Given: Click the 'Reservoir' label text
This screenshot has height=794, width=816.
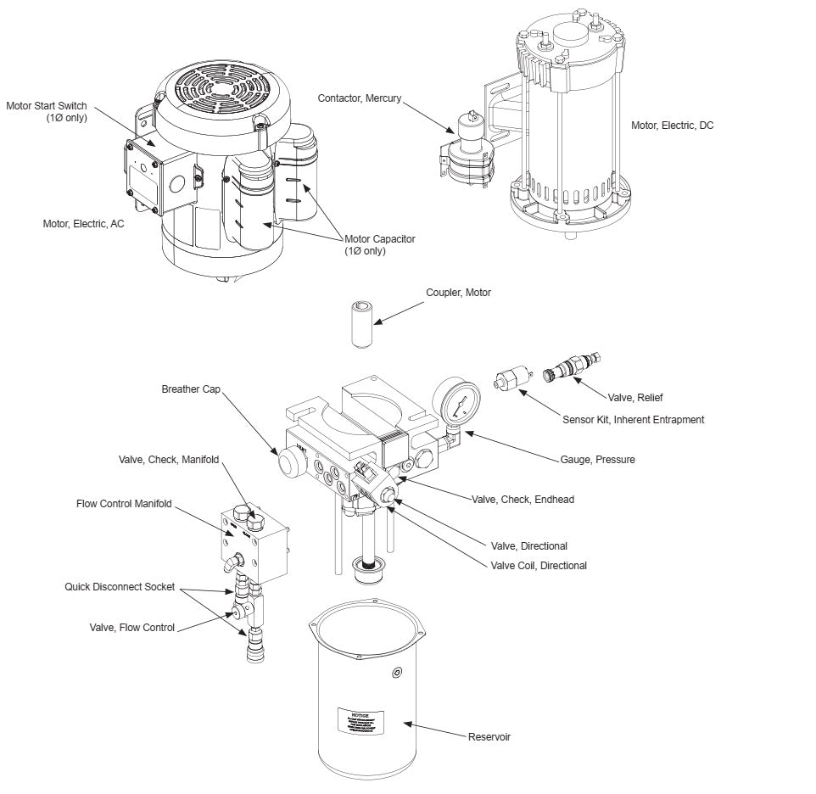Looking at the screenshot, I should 489,736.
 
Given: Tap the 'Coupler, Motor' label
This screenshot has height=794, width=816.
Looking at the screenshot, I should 458,293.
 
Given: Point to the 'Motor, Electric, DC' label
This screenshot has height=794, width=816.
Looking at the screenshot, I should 672,126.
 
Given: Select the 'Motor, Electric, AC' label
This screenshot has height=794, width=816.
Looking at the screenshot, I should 83,224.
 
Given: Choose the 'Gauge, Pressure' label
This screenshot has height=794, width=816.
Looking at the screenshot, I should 597,460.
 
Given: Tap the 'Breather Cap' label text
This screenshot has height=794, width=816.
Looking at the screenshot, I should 191,390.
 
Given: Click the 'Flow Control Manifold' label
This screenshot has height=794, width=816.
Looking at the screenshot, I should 124,504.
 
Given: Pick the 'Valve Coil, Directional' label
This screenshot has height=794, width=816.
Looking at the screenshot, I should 539,566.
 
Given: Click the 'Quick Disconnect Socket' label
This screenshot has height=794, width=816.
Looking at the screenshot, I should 120,586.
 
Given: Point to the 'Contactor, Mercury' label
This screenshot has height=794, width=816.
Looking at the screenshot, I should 360,98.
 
